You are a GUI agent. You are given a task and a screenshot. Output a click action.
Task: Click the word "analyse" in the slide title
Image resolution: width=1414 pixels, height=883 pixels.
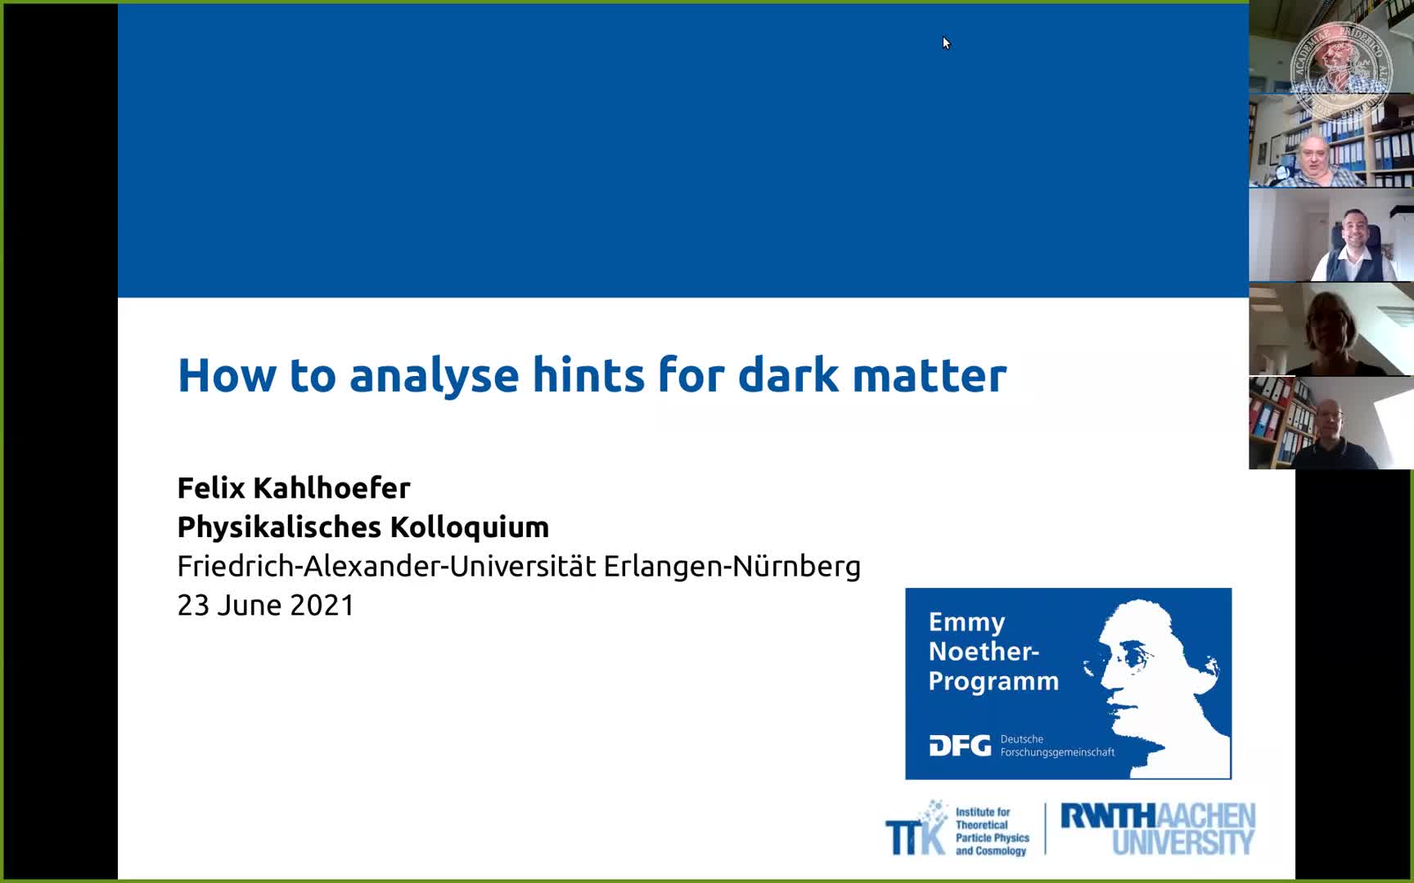pos(434,376)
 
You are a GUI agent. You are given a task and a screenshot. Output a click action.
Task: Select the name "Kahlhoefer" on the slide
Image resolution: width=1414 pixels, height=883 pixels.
pos(331,487)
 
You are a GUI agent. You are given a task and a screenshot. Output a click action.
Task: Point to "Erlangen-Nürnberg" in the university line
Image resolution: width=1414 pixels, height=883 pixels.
pos(732,566)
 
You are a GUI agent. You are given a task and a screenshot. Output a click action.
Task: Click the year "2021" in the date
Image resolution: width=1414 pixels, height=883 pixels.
pos(322,605)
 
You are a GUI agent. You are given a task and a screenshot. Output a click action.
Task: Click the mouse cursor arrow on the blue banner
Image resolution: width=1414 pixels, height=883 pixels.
pos(946,43)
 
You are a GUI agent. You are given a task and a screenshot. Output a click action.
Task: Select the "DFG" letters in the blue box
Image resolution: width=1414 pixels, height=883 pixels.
pos(960,746)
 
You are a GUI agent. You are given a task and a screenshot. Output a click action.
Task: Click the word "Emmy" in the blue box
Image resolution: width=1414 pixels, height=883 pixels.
pos(966,623)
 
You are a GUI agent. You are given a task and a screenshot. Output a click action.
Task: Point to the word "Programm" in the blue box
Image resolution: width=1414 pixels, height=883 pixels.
pos(993,681)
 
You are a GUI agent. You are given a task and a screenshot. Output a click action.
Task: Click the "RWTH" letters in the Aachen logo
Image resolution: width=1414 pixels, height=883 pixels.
pos(1108,816)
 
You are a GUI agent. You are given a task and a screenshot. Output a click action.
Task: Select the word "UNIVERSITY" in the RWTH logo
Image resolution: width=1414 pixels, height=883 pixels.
pos(1182,842)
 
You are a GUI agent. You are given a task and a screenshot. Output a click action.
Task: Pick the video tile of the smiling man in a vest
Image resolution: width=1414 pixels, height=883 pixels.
pos(1331,235)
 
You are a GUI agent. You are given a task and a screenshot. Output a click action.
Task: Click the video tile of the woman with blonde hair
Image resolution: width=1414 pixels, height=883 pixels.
pos(1331,329)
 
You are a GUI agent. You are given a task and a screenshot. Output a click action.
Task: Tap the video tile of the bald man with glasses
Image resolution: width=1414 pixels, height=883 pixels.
pos(1331,424)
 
